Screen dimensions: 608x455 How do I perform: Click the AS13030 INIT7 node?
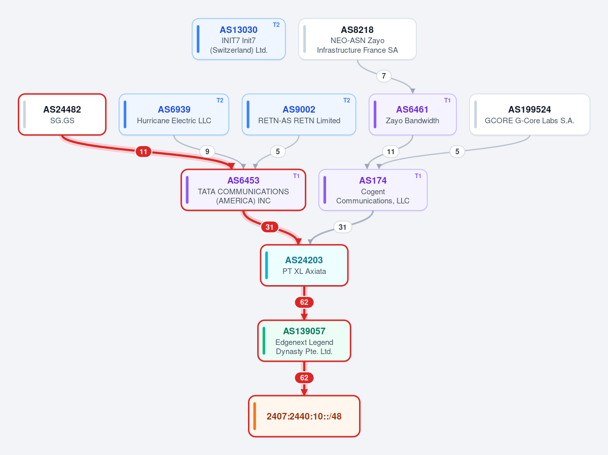pyautogui.click(x=238, y=39)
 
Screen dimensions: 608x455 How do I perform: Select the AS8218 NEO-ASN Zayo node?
pyautogui.click(x=357, y=39)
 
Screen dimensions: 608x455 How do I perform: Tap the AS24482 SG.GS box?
pyautogui.click(x=62, y=115)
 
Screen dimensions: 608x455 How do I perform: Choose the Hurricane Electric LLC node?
pyautogui.click(x=174, y=115)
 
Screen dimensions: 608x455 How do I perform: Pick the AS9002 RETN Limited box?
pyautogui.click(x=299, y=115)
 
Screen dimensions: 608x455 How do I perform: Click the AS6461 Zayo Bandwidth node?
pyautogui.click(x=413, y=115)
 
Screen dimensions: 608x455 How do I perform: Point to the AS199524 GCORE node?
pyautogui.click(x=530, y=115)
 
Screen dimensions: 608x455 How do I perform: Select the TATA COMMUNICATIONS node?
pyautogui.click(x=243, y=190)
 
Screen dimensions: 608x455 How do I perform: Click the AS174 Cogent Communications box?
pyautogui.click(x=373, y=190)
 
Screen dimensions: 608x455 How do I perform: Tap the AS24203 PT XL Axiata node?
pyautogui.click(x=304, y=265)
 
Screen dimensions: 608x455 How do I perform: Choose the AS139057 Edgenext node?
pyautogui.click(x=304, y=341)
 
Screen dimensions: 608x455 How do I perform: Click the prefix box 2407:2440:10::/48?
pyautogui.click(x=304, y=416)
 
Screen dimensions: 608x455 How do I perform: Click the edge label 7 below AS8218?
pyautogui.click(x=384, y=76)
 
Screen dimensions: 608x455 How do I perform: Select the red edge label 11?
pyautogui.click(x=144, y=152)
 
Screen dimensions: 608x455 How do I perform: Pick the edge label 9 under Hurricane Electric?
pyautogui.click(x=207, y=152)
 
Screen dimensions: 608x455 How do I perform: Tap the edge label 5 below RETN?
pyautogui.click(x=278, y=152)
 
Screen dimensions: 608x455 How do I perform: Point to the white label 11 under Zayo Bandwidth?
pyautogui.click(x=391, y=152)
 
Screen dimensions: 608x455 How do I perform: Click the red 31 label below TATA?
pyautogui.click(x=269, y=227)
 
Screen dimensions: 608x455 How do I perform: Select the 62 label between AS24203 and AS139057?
pyautogui.click(x=304, y=302)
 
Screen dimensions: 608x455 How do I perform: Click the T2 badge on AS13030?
pyautogui.click(x=276, y=25)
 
